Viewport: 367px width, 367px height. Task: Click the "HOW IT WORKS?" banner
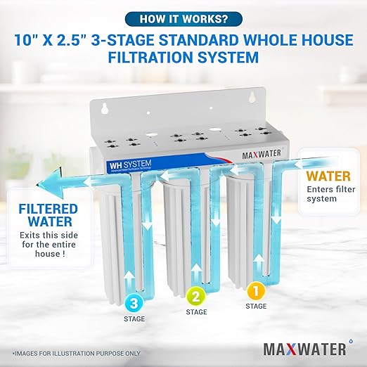click(184, 18)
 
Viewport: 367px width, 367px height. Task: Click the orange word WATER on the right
click(328, 173)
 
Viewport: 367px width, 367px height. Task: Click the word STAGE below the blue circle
click(134, 321)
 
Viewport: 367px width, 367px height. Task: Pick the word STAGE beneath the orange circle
click(256, 306)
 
